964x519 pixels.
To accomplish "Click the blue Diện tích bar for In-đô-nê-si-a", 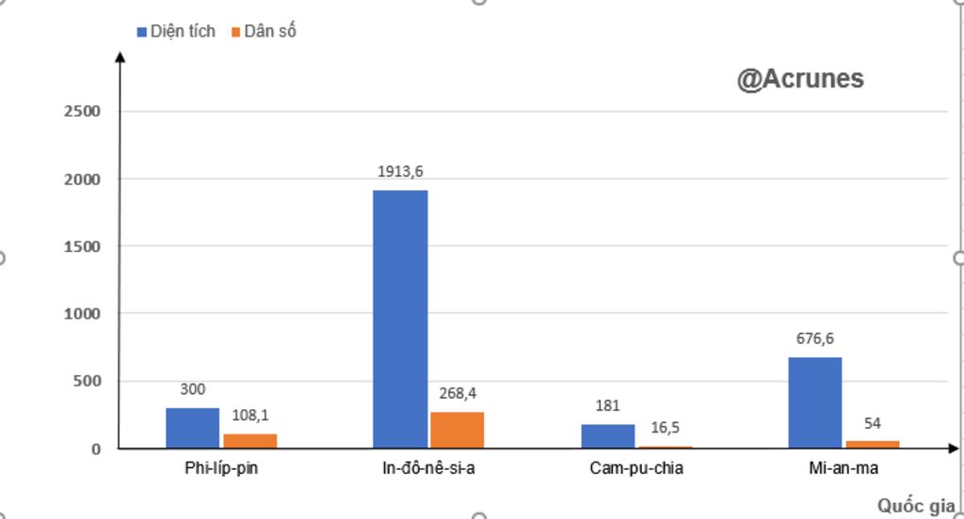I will click(400, 319).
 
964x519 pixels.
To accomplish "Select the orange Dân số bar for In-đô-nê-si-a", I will click(458, 430).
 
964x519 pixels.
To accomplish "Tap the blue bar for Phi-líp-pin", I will click(193, 428).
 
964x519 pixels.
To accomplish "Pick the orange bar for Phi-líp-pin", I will click(250, 441).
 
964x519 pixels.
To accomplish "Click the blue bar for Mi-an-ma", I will click(815, 402).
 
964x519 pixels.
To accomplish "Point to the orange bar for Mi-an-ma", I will click(873, 444).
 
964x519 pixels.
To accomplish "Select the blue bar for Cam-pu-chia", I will click(608, 436).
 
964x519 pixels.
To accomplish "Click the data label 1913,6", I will click(400, 171).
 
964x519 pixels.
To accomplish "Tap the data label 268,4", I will click(458, 393).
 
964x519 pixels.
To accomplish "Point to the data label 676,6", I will click(815, 338).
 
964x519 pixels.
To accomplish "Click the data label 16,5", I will click(665, 428).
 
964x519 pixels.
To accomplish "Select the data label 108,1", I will click(250, 415).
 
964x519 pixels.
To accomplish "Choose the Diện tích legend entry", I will click(176, 31).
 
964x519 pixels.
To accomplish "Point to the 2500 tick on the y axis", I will click(82, 111).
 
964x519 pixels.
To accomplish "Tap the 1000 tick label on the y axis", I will click(82, 314).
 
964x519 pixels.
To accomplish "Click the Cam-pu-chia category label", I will click(636, 468).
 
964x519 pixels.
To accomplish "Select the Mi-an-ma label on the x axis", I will click(843, 468).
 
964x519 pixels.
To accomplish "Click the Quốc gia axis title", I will click(916, 506).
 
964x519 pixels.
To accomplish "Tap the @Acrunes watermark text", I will click(800, 79).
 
